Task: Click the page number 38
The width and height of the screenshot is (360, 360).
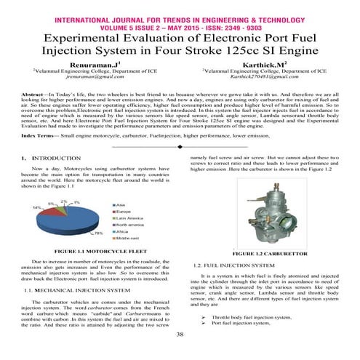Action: coord(180,335)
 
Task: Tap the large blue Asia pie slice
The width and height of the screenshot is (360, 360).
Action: coord(69,222)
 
